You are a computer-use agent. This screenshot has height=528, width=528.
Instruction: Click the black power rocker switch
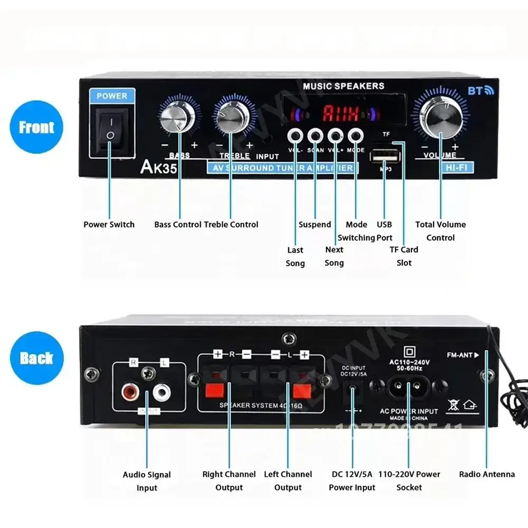click(110, 130)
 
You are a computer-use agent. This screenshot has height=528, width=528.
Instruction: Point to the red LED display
click(341, 113)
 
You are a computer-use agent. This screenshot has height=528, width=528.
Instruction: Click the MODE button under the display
click(355, 136)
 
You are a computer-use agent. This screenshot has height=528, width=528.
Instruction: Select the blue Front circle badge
click(36, 127)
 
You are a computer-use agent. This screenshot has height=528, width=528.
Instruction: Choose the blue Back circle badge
click(36, 358)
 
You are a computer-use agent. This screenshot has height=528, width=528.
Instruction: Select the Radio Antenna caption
click(486, 474)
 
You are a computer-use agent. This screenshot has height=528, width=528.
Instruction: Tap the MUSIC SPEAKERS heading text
click(343, 86)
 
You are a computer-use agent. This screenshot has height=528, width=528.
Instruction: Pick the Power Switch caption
click(109, 224)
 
